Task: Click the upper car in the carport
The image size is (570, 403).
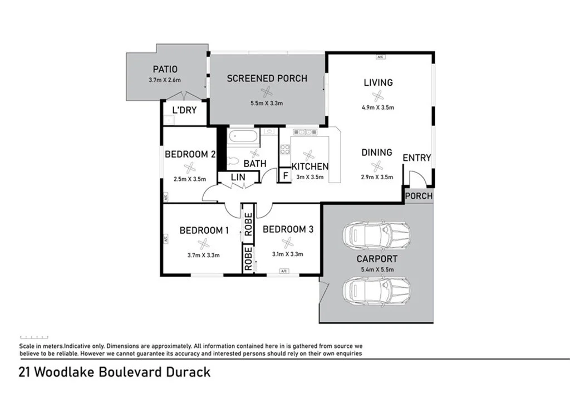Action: click(377, 237)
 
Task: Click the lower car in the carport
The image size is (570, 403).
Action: click(377, 290)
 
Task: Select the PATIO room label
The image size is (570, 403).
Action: click(165, 70)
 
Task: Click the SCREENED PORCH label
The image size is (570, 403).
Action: click(267, 78)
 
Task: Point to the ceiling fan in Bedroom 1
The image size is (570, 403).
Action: click(204, 243)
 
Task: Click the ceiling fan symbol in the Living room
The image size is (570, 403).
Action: click(378, 96)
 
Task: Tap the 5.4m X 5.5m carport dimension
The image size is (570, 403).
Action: click(377, 269)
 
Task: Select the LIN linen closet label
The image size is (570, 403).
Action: click(238, 178)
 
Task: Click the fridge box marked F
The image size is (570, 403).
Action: click(285, 176)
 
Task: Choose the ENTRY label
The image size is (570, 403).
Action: click(416, 158)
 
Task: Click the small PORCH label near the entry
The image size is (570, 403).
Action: click(418, 196)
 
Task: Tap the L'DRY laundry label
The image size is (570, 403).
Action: click(184, 110)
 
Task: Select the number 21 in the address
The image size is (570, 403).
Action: click(24, 372)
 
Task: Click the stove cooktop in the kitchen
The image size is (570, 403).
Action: click(284, 149)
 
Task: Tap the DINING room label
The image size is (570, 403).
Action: click(377, 153)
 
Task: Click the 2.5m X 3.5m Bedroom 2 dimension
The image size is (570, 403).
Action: click(190, 179)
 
